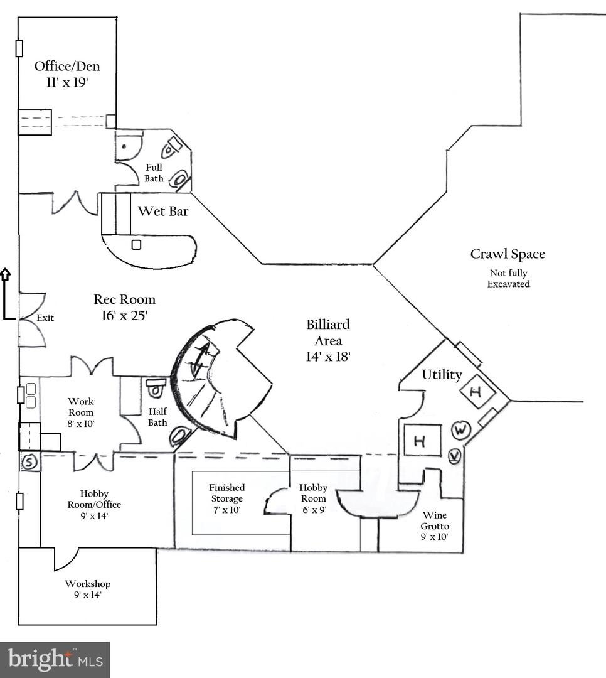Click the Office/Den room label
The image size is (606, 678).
pyautogui.click(x=66, y=66)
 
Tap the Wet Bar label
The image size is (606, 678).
pyautogui.click(x=163, y=211)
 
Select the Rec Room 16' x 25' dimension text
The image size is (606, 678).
pyautogui.click(x=125, y=315)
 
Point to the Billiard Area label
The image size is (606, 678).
pyautogui.click(x=328, y=340)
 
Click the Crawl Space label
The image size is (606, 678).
pyautogui.click(x=508, y=254)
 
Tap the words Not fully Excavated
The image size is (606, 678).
pyautogui.click(x=508, y=279)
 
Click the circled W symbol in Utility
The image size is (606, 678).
pyautogui.click(x=460, y=430)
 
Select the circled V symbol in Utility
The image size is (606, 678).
pyautogui.click(x=455, y=455)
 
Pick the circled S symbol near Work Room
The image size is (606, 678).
pyautogui.click(x=29, y=463)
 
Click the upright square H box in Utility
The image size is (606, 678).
pyautogui.click(x=419, y=441)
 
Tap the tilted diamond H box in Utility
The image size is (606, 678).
pyautogui.click(x=477, y=392)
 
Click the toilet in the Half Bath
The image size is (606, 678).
pyautogui.click(x=155, y=387)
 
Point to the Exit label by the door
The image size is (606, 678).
pyautogui.click(x=45, y=318)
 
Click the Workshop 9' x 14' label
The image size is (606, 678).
pyautogui.click(x=87, y=589)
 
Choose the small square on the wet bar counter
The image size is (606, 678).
pyautogui.click(x=136, y=244)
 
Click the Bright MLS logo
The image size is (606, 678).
pyautogui.click(x=55, y=659)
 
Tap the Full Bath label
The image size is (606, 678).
pyautogui.click(x=154, y=173)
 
